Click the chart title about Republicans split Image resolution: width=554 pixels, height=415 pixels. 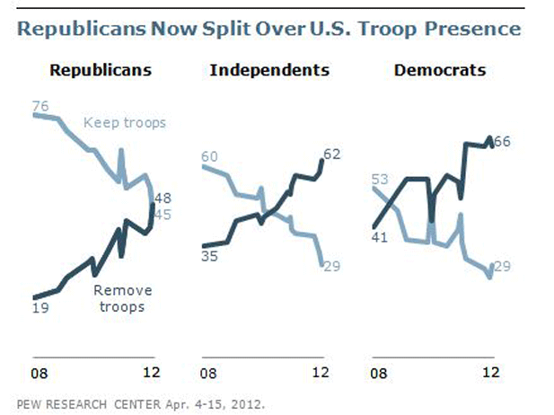tap(268, 29)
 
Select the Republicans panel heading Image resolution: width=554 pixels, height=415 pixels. tap(100, 69)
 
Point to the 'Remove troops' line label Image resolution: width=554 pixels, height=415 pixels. tap(122, 298)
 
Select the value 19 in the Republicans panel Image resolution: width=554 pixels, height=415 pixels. tap(40, 308)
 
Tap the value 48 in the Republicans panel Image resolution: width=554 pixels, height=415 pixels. tap(163, 199)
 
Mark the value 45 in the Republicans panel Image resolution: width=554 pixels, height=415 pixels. tap(163, 214)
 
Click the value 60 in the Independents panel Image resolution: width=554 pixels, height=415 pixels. tap(209, 157)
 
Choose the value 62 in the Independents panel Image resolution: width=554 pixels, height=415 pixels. tap(332, 154)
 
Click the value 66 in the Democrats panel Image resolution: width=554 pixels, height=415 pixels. tap(503, 142)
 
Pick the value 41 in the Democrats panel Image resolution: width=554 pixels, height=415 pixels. tap(379, 237)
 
